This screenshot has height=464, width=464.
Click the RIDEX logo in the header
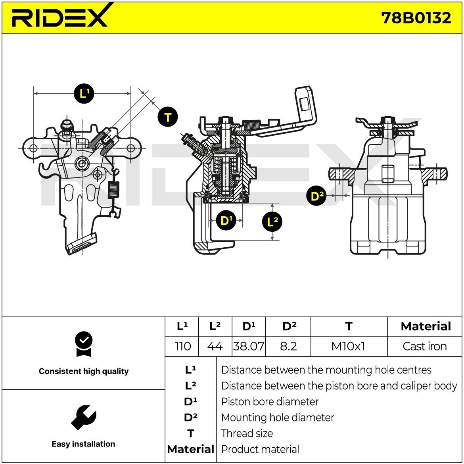(60, 17)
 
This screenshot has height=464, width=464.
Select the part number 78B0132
(416, 18)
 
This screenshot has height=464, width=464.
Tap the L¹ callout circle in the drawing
(84, 94)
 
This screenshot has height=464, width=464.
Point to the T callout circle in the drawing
(167, 117)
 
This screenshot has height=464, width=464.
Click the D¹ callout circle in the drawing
(226, 220)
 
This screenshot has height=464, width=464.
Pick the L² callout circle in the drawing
(272, 221)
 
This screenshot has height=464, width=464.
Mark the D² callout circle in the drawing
(316, 196)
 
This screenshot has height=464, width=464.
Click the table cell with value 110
(182, 346)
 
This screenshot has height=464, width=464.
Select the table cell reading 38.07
(249, 346)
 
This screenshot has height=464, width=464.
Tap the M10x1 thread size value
(348, 346)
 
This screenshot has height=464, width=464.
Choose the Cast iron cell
(424, 346)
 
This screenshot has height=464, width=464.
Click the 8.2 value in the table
(288, 346)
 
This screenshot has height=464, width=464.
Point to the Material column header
(426, 326)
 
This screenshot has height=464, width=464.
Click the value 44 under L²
(215, 346)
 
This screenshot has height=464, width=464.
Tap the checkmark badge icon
(83, 344)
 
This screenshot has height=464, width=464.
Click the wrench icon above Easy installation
(83, 417)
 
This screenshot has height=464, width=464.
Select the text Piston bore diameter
(270, 402)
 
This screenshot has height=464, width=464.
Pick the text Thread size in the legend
(247, 433)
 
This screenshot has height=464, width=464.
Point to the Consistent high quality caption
(84, 372)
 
